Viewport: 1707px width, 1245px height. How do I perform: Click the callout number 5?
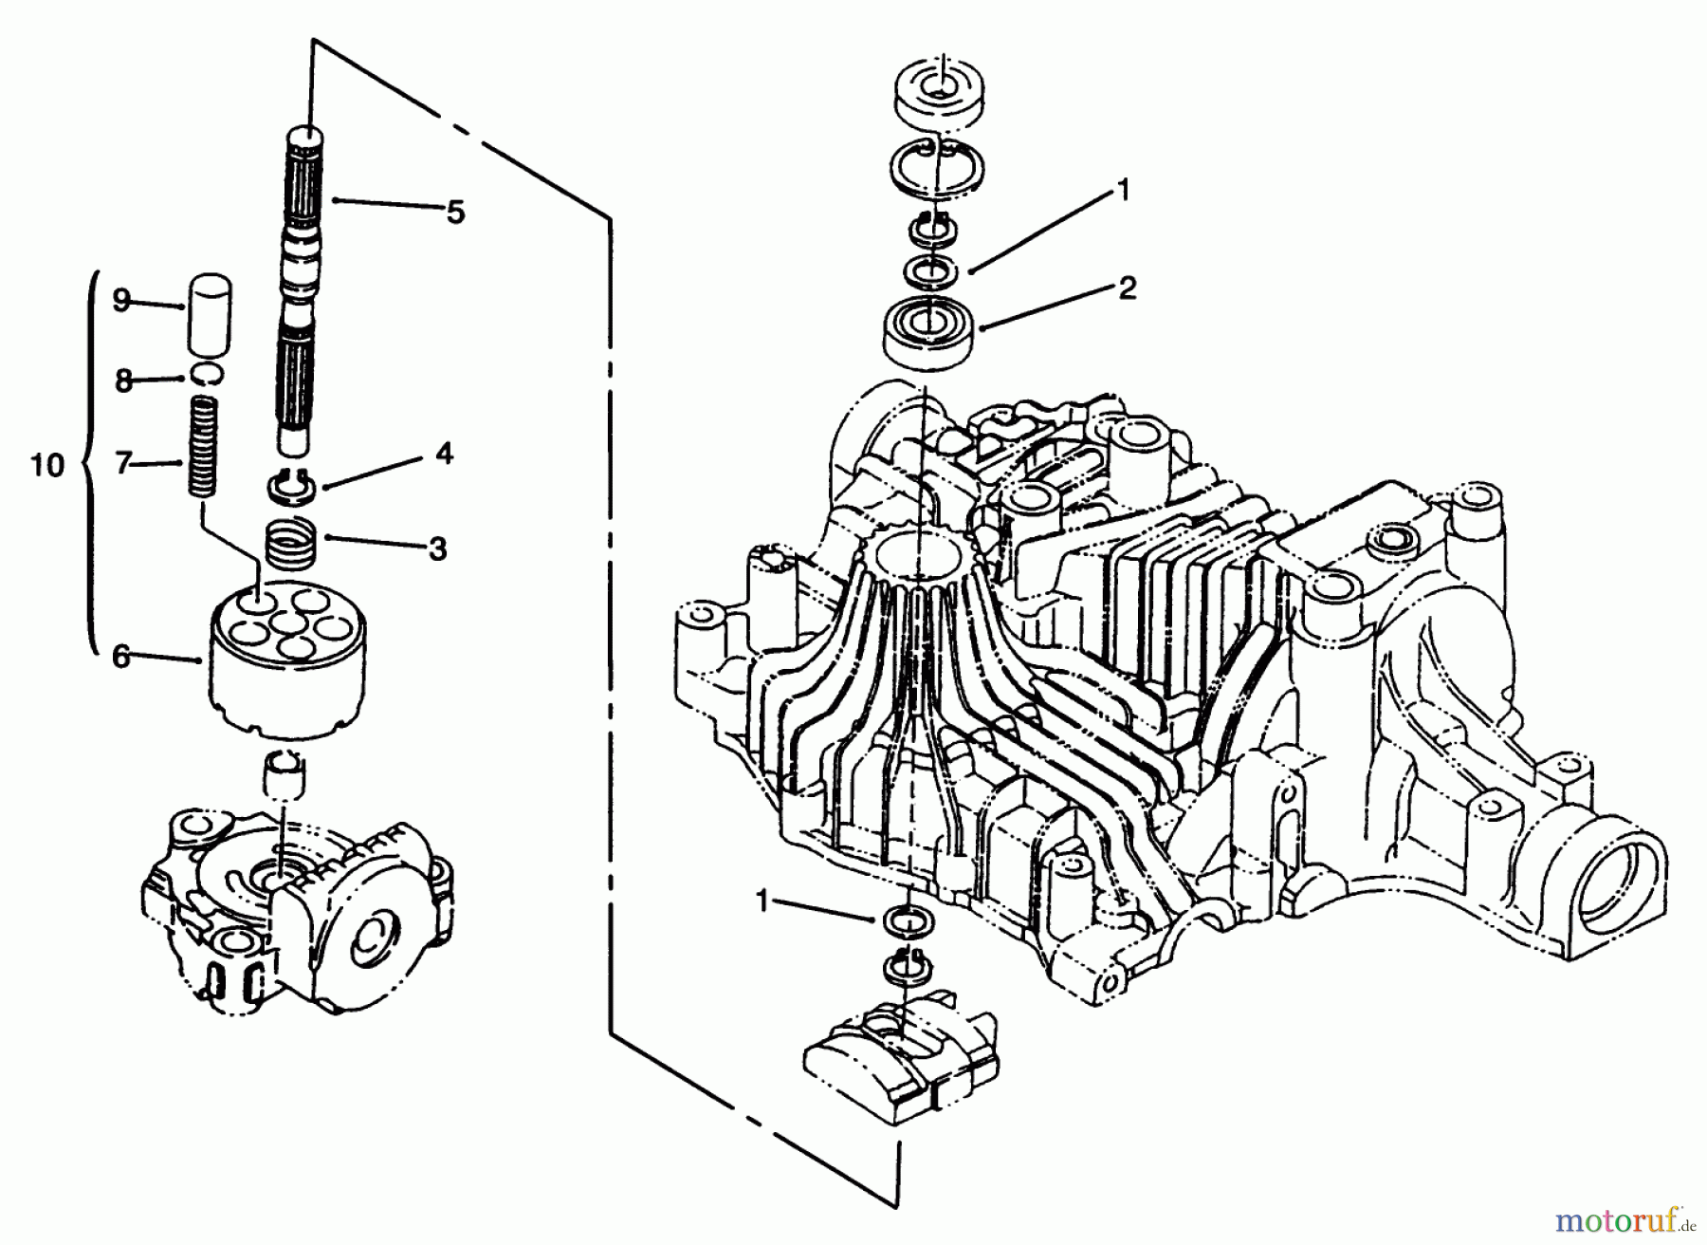(456, 212)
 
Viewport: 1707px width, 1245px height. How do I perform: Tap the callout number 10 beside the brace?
(47, 465)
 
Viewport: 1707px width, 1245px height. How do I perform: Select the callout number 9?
(120, 302)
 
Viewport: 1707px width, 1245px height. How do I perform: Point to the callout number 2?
(1127, 287)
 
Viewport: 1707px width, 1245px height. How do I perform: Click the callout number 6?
(120, 657)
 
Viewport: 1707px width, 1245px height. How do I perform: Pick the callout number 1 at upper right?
(1122, 192)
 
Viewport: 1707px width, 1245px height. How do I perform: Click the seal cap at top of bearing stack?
(939, 92)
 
